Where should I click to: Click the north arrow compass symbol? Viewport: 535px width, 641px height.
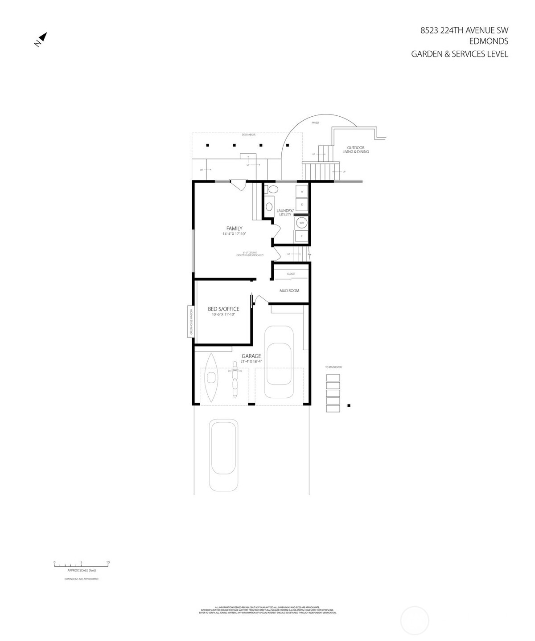tap(41, 39)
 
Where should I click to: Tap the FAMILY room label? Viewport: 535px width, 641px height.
tap(234, 229)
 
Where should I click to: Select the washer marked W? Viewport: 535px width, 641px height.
tap(302, 192)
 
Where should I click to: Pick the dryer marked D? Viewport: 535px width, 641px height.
tap(302, 204)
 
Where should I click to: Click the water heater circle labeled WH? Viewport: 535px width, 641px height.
tap(301, 223)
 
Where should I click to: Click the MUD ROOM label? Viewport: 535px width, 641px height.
tap(289, 291)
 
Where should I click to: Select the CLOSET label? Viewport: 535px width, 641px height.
tap(291, 274)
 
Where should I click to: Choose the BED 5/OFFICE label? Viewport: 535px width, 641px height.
tap(223, 309)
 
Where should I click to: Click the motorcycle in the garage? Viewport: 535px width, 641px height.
tap(233, 380)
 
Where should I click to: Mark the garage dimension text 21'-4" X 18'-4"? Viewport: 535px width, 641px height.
tap(251, 362)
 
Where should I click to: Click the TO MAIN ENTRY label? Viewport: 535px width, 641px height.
tap(333, 367)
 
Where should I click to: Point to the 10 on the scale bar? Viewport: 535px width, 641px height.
tap(108, 563)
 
